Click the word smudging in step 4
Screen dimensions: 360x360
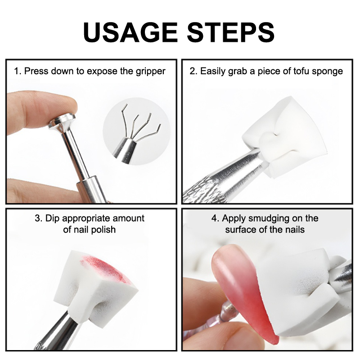point(269,219)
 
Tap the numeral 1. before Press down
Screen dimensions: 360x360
point(18,71)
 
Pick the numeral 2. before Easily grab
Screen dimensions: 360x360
point(193,71)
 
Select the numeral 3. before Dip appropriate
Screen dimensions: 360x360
point(39,218)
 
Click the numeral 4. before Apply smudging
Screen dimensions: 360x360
point(216,218)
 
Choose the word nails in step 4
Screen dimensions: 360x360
point(295,229)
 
